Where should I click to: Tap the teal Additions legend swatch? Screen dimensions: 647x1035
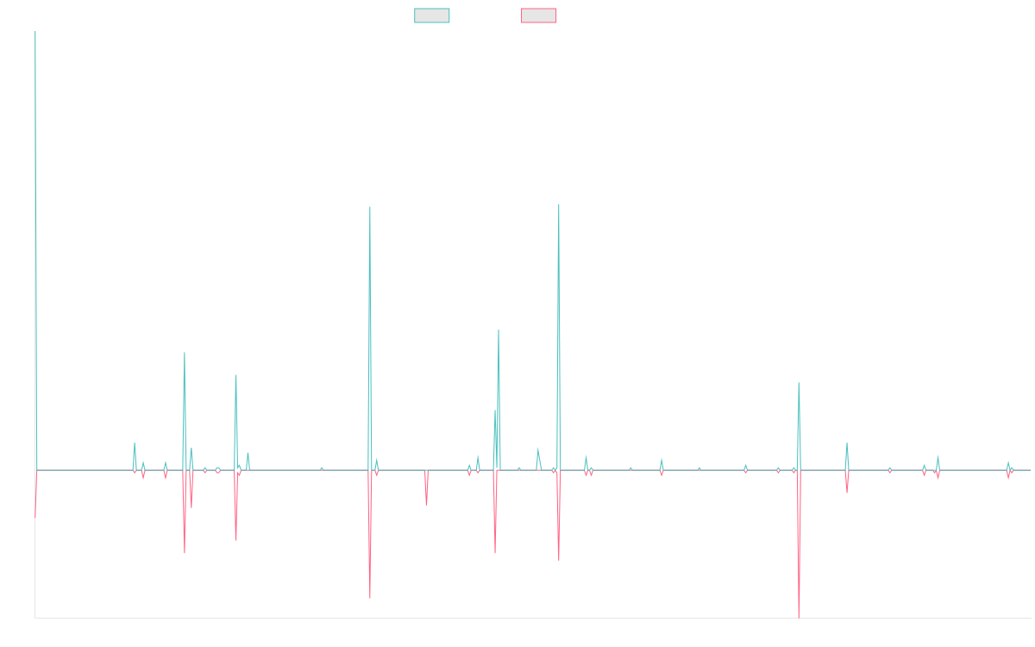432,16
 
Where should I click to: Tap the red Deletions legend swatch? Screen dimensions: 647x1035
538,16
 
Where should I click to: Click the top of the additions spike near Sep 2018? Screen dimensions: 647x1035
370,207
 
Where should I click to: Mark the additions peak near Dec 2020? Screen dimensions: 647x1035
559,204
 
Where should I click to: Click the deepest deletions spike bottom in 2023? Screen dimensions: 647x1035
799,617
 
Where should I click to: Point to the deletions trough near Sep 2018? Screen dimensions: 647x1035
370,597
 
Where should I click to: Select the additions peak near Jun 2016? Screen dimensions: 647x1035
185,353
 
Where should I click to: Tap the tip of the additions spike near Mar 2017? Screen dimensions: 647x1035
235,375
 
